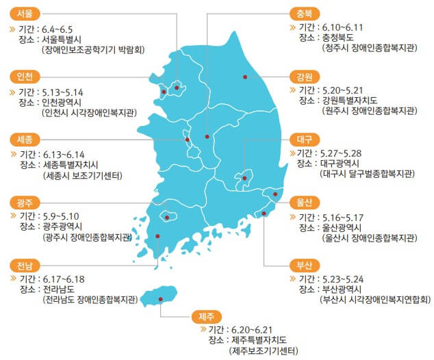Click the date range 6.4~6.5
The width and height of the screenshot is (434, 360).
(57, 29)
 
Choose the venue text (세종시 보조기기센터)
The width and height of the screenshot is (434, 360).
(82, 176)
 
